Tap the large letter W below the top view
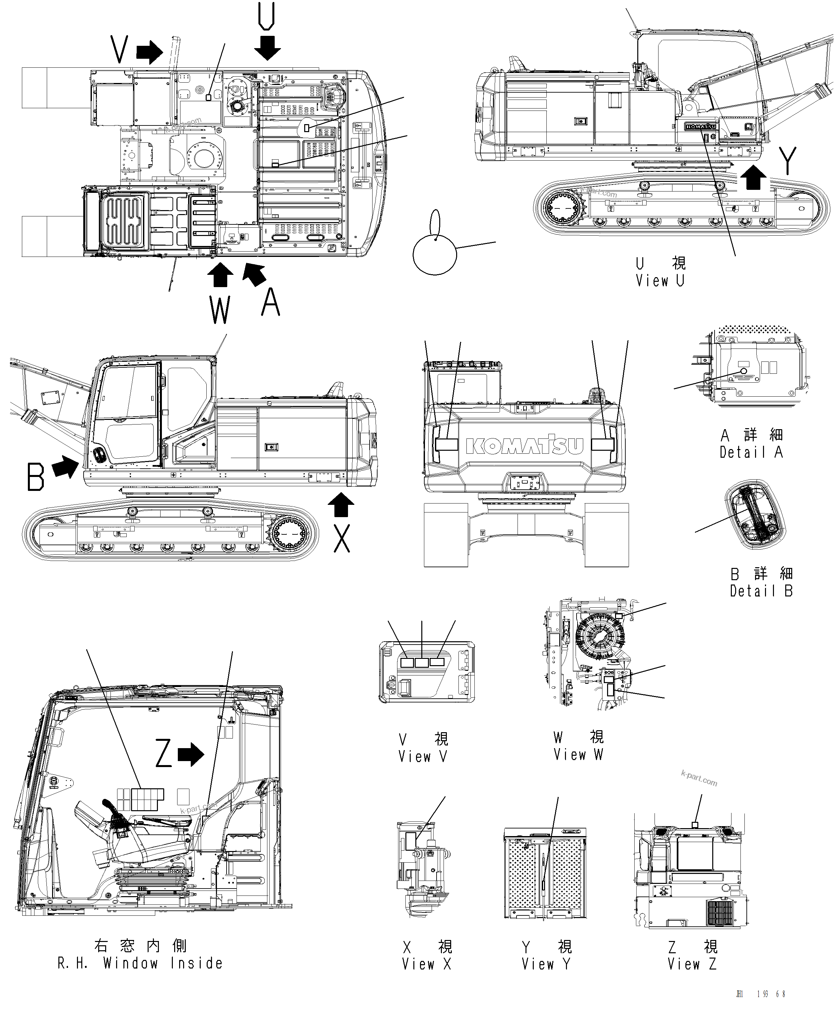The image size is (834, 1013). click(x=220, y=310)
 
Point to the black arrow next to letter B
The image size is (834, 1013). click(x=65, y=467)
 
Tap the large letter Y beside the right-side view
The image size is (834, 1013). click(x=788, y=161)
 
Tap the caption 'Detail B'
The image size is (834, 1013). click(x=761, y=590)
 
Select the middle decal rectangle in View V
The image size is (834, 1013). click(x=421, y=663)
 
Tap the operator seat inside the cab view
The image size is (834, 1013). click(x=144, y=836)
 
